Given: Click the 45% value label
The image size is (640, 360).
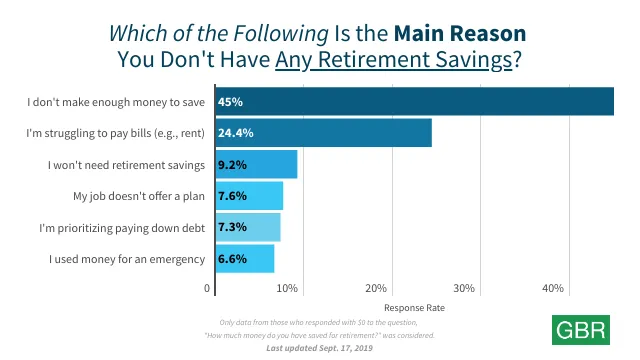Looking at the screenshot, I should pos(232,101).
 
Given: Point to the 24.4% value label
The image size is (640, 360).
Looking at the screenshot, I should pos(238,133).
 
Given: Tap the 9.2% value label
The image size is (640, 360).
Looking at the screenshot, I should pos(235,164).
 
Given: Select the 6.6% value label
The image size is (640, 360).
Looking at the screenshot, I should pos(235,259).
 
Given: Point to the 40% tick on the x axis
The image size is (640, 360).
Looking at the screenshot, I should pos(553,288).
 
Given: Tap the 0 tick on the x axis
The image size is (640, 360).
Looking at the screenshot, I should pos(208,288).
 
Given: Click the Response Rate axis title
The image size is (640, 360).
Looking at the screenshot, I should pos(413,308).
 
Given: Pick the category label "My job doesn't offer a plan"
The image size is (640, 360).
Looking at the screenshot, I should pos(140,196).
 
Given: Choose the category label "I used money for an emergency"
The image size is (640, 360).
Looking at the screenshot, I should pos(128,259).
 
